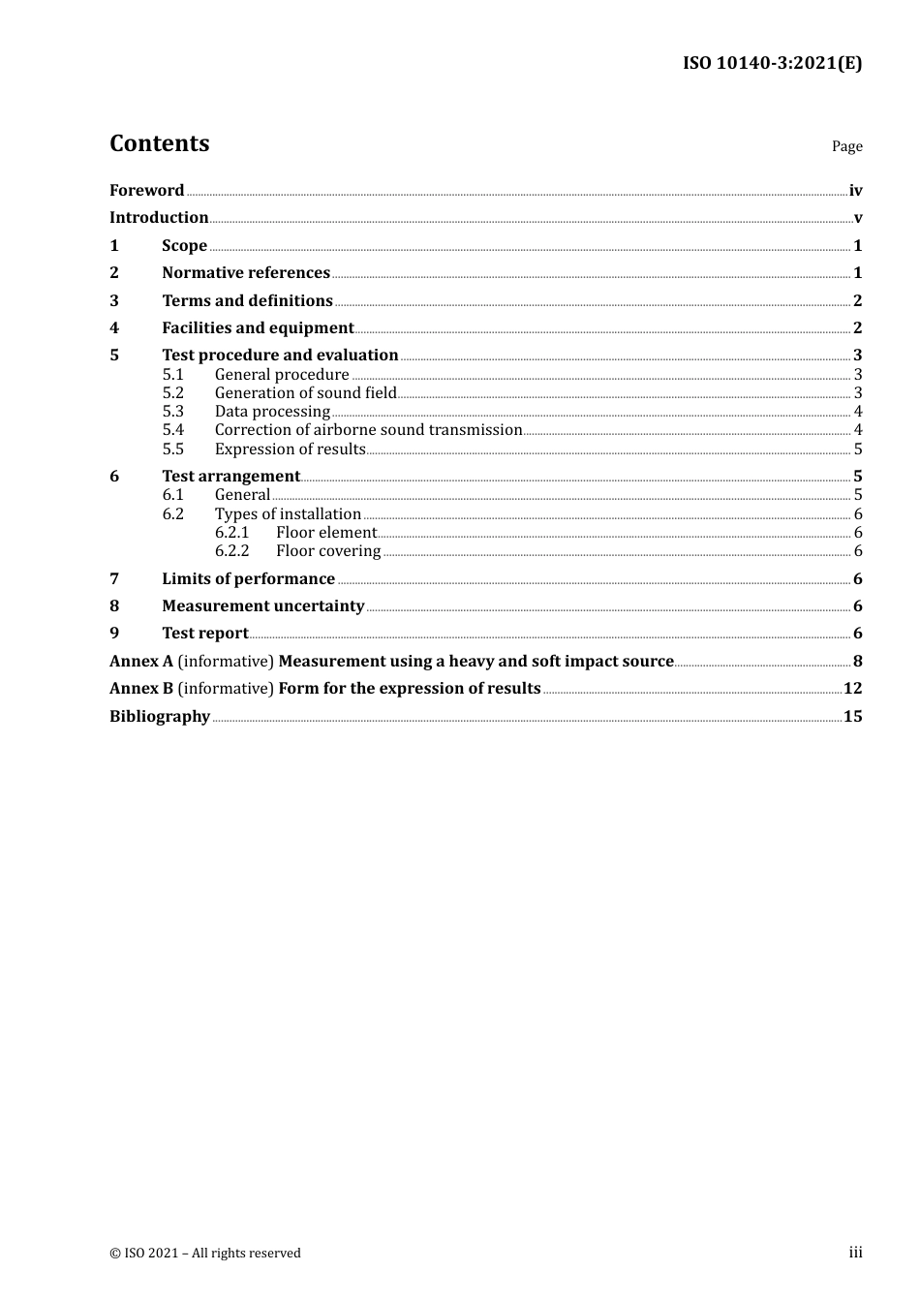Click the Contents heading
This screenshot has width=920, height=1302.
point(159,143)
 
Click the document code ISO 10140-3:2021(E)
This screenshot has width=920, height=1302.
point(772,64)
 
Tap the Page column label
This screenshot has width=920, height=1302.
point(846,146)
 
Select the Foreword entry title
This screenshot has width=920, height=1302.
point(146,191)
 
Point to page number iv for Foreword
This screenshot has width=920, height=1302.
point(855,191)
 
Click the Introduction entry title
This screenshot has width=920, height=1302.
point(159,218)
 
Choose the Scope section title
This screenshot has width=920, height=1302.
point(184,246)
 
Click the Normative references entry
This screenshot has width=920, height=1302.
point(246,273)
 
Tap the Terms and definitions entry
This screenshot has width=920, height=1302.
point(247,301)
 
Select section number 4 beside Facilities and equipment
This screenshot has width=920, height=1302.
point(114,328)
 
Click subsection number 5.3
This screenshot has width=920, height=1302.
point(172,412)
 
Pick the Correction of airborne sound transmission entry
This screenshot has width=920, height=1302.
point(368,430)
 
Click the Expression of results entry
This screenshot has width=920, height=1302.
point(290,449)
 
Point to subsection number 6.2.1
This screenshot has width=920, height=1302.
point(231,533)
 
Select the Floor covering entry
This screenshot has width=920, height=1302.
point(328,551)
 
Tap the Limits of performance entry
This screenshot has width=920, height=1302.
point(248,579)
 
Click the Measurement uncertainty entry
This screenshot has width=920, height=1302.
point(262,606)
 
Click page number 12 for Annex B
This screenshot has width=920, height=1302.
point(852,689)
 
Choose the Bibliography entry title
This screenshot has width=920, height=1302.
point(160,717)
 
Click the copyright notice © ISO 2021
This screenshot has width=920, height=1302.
point(204,1254)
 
